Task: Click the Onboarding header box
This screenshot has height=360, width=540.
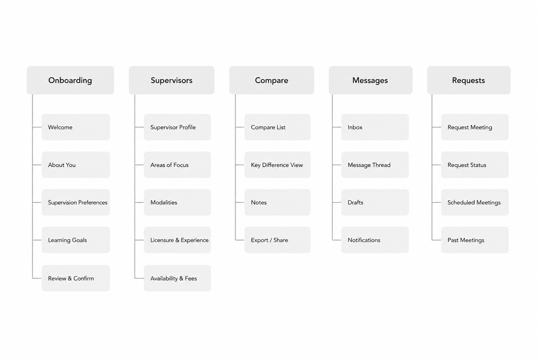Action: (70, 80)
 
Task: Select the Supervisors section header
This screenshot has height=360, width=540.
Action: (172, 80)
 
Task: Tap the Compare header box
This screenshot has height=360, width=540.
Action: (272, 80)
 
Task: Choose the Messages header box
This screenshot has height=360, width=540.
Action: (371, 80)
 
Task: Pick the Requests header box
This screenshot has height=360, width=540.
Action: (469, 80)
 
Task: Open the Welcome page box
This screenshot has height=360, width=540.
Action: (76, 127)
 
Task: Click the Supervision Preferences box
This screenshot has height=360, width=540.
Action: (76, 202)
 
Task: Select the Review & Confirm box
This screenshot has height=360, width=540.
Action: (76, 278)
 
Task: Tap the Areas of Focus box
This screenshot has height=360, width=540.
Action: (178, 165)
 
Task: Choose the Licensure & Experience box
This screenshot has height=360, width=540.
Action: (178, 240)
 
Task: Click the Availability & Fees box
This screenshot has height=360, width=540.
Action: (178, 278)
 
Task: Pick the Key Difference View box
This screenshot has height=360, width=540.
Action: (277, 165)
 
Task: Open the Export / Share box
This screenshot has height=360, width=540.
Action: (277, 240)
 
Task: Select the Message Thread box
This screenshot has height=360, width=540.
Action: (375, 165)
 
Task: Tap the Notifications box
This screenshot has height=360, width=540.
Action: (375, 240)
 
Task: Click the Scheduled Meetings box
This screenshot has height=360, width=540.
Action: (475, 202)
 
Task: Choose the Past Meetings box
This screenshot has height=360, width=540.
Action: (475, 240)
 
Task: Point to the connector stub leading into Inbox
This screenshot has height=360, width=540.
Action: (337, 127)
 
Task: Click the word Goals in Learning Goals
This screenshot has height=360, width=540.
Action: (79, 240)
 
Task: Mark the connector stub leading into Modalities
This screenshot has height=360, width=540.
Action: (139, 202)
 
